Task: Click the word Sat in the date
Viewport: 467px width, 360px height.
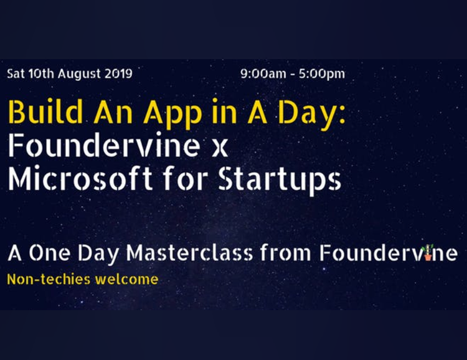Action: pyautogui.click(x=16, y=73)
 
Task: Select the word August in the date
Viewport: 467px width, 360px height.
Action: pyautogui.click(x=79, y=74)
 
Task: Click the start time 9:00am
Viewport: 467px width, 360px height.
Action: pyautogui.click(x=263, y=74)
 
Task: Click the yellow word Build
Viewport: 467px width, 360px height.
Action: pyautogui.click(x=45, y=111)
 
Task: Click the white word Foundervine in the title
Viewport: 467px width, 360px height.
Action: pyautogui.click(x=104, y=145)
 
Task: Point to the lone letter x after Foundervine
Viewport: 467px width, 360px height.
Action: pyautogui.click(x=220, y=148)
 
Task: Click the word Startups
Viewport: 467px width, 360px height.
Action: pyautogui.click(x=280, y=181)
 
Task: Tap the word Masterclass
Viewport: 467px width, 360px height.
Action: pyautogui.click(x=190, y=253)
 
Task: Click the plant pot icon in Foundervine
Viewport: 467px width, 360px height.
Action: pyautogui.click(x=428, y=253)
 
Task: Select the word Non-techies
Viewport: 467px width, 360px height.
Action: pyautogui.click(x=49, y=279)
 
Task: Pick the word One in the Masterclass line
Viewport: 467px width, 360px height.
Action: pyautogui.click(x=50, y=253)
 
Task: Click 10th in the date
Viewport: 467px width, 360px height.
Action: pyautogui.click(x=41, y=73)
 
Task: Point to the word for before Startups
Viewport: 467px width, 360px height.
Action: pyautogui.click(x=186, y=178)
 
